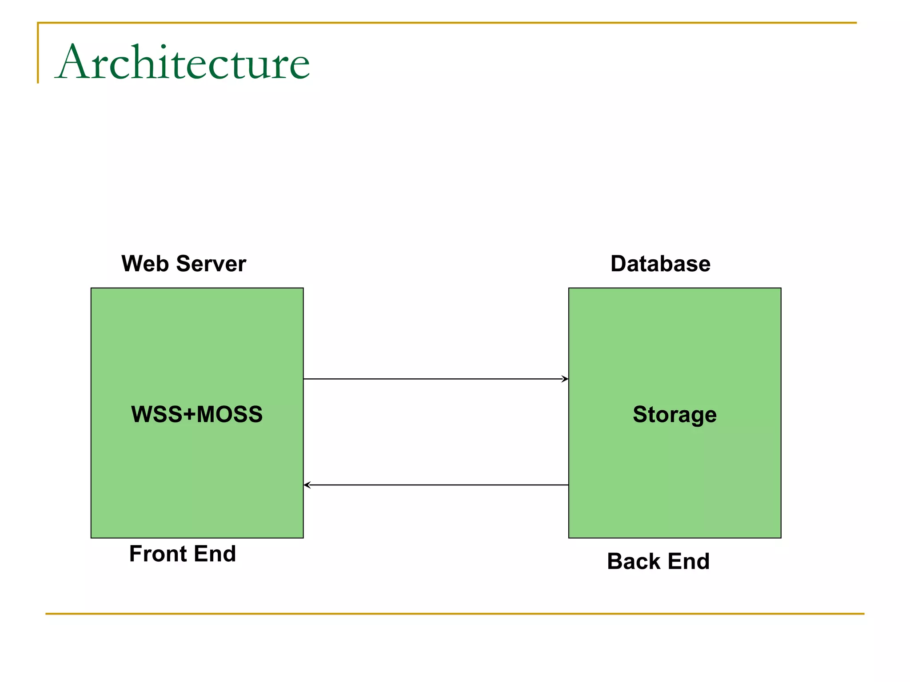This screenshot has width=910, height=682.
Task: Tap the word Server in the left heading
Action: [211, 264]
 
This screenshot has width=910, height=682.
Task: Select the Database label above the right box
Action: [660, 264]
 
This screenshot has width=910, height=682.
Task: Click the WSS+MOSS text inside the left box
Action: [197, 414]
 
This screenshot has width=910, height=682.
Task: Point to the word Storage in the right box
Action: [675, 414]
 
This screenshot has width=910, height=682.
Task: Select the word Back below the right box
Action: [634, 561]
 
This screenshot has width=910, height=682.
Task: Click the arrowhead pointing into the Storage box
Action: [565, 379]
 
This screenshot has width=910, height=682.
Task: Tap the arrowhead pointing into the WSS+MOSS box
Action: [307, 485]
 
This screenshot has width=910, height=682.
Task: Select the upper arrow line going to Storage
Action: [435, 379]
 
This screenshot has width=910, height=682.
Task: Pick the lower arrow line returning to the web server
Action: [435, 485]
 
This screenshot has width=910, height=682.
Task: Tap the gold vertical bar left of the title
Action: [38, 53]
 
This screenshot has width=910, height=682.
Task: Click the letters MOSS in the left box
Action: [229, 414]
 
